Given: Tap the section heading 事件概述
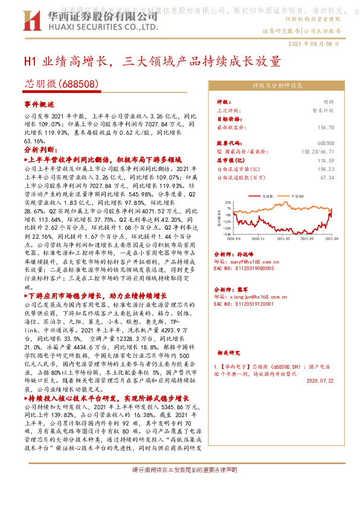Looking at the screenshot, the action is pos(39,104).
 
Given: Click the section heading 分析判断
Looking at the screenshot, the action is pos(41,149).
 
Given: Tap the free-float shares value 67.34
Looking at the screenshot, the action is pos(327,178).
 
